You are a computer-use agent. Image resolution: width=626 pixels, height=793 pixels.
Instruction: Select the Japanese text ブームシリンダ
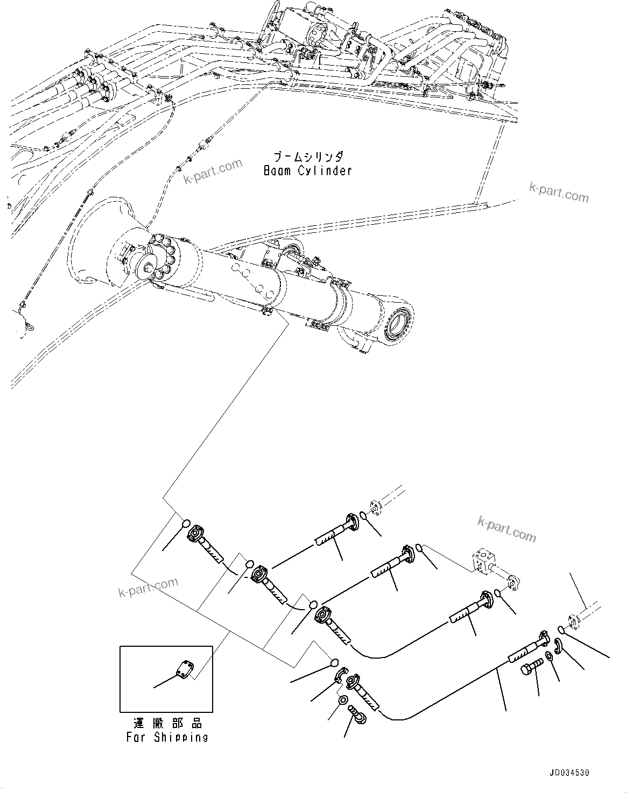pos(307,157)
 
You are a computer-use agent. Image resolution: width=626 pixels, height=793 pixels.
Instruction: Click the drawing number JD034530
pos(569,773)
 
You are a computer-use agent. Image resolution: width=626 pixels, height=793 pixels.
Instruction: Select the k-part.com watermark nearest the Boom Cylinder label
pos(213,171)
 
